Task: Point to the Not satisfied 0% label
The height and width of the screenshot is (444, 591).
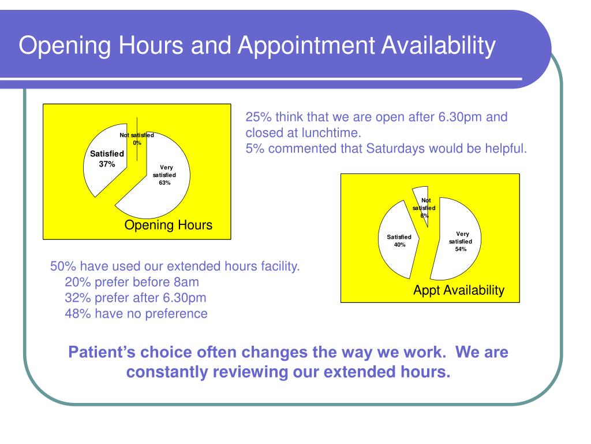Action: point(137,139)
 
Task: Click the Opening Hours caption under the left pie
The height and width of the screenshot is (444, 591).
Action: point(169,225)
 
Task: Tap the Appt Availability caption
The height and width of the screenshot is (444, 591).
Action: point(458,290)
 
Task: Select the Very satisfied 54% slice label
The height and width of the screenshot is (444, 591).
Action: point(461,242)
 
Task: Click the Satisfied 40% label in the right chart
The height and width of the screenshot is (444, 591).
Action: point(399,240)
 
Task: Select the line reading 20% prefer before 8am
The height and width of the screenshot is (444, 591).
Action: point(132,282)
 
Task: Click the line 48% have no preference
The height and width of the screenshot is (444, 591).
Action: point(136,314)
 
